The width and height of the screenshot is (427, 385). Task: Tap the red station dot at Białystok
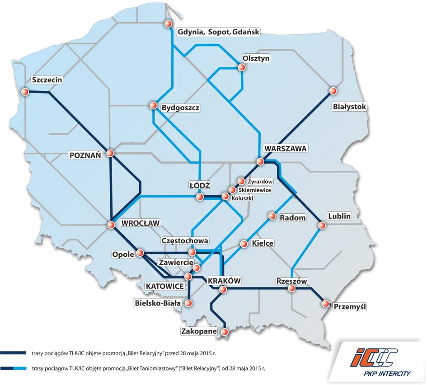pyautogui.click(x=333, y=90)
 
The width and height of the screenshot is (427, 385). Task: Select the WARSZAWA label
pyautogui.click(x=286, y=148)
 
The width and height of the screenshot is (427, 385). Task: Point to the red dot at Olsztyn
pyautogui.click(x=242, y=67)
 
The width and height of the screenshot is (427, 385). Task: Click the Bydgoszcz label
pyautogui.click(x=180, y=108)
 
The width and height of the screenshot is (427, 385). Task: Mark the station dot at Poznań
pyautogui.click(x=111, y=154)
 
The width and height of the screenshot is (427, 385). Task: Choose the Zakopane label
pyautogui.click(x=197, y=331)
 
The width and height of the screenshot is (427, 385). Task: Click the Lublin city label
pyautogui.click(x=339, y=216)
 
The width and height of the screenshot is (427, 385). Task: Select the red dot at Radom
pyautogui.click(x=272, y=216)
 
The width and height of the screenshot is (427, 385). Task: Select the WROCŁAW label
pyautogui.click(x=141, y=223)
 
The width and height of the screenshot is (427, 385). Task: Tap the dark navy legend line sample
pyautogui.click(x=14, y=353)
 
